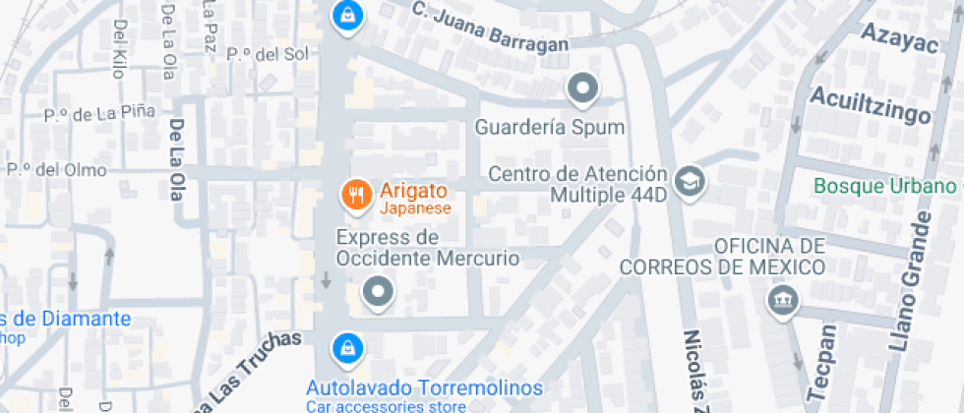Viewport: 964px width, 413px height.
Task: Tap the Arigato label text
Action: point(414,192)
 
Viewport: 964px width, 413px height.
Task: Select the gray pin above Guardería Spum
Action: point(583,89)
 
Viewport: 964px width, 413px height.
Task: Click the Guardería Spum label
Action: point(550,128)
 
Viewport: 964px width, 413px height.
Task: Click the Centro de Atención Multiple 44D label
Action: point(578,184)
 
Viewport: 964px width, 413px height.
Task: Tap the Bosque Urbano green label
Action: point(885,186)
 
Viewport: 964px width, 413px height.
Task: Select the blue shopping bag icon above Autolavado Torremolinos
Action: point(345,346)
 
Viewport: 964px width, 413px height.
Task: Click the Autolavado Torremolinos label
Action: point(424,387)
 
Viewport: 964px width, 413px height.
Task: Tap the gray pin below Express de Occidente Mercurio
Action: point(378,292)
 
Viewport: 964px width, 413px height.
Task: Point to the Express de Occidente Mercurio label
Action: point(427,248)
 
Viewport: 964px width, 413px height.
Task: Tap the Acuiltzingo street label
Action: point(870,104)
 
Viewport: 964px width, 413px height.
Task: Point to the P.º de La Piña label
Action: point(99,114)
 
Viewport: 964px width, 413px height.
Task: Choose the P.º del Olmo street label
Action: point(57,169)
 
